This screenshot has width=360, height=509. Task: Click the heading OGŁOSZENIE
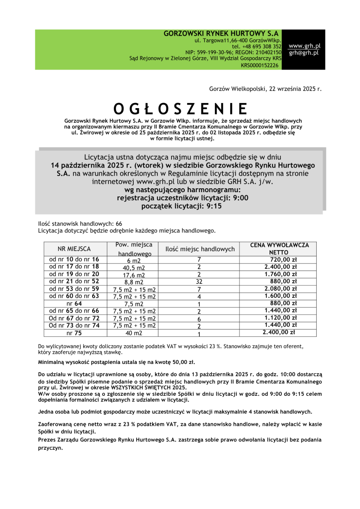(x=180, y=109)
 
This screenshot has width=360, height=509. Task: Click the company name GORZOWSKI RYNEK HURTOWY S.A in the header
(x=221, y=33)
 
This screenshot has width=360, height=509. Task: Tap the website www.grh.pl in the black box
(x=304, y=45)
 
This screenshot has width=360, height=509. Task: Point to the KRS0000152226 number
(x=260, y=65)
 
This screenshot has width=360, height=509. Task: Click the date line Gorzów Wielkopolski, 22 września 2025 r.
(x=265, y=89)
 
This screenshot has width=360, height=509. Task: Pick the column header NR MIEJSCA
(x=74, y=249)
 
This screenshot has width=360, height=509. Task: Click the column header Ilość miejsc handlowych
(x=200, y=249)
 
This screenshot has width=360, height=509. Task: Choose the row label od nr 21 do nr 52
(x=74, y=281)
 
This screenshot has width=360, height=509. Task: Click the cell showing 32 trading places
(x=199, y=282)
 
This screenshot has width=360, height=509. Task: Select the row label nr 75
(x=74, y=333)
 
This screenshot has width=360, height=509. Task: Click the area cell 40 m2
(x=134, y=333)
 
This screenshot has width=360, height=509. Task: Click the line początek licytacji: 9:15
(x=181, y=206)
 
